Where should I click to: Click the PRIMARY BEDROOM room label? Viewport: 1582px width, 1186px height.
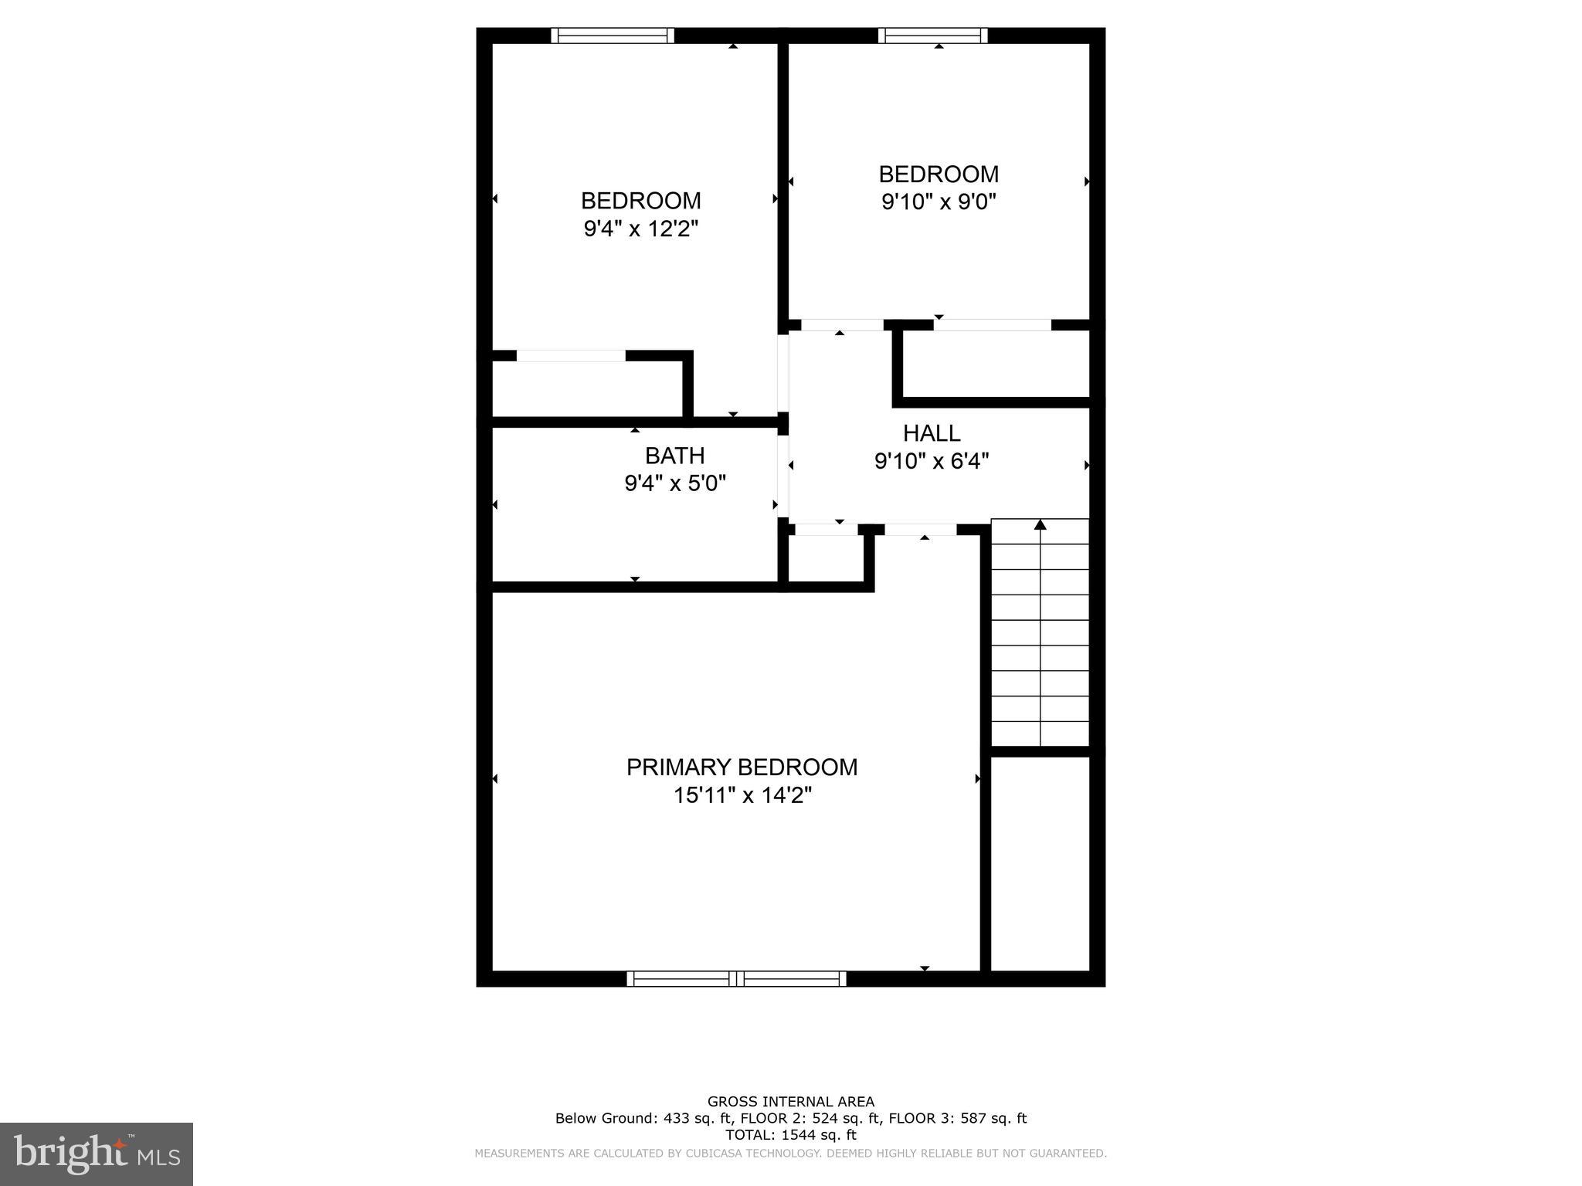742,768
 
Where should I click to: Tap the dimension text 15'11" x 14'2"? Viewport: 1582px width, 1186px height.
742,795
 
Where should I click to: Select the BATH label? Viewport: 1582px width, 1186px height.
674,456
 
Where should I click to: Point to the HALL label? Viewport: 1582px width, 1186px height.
932,433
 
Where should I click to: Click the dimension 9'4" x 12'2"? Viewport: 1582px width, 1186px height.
640,229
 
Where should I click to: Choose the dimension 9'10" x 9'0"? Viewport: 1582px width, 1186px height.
939,202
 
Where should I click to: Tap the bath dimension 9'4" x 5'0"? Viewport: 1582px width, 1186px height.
675,484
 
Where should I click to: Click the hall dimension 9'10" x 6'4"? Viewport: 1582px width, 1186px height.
932,461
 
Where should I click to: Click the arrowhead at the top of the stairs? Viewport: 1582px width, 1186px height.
1040,525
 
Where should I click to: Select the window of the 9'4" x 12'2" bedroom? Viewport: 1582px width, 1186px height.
613,36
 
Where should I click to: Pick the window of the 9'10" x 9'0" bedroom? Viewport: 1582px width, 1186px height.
933,36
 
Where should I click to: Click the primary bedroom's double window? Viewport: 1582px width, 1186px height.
736,978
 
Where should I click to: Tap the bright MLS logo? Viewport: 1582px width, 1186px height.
97,1154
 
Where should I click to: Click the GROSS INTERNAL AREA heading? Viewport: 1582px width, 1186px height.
790,1102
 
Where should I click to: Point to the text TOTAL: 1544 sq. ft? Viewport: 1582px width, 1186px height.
790,1135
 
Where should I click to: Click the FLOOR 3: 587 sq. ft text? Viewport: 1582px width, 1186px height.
957,1118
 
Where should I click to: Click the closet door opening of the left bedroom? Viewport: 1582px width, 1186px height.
571,356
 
